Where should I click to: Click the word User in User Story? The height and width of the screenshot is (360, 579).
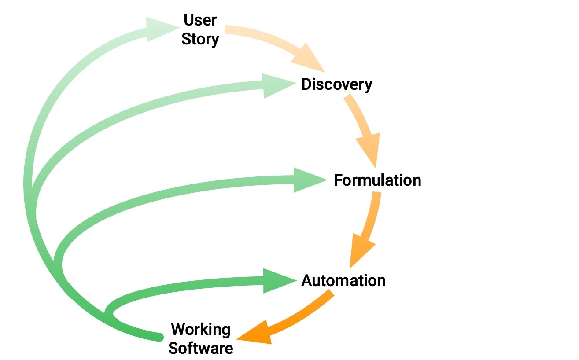tap(200, 20)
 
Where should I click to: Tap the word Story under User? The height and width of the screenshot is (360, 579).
tap(200, 39)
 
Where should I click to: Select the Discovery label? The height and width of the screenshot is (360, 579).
tap(337, 84)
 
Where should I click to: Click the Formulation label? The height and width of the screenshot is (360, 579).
tap(377, 180)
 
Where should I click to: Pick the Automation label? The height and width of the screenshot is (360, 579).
tap(343, 280)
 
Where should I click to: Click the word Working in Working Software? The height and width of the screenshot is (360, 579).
tap(201, 329)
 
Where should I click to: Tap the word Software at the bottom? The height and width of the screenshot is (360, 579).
tap(201, 349)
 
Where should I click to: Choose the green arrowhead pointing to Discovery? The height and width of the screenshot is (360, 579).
tap(277, 85)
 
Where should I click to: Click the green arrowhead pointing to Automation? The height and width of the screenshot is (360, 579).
tap(277, 280)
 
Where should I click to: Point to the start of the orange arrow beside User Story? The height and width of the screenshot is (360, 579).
tap(227, 29)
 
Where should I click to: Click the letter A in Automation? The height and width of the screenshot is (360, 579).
tap(307, 280)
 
